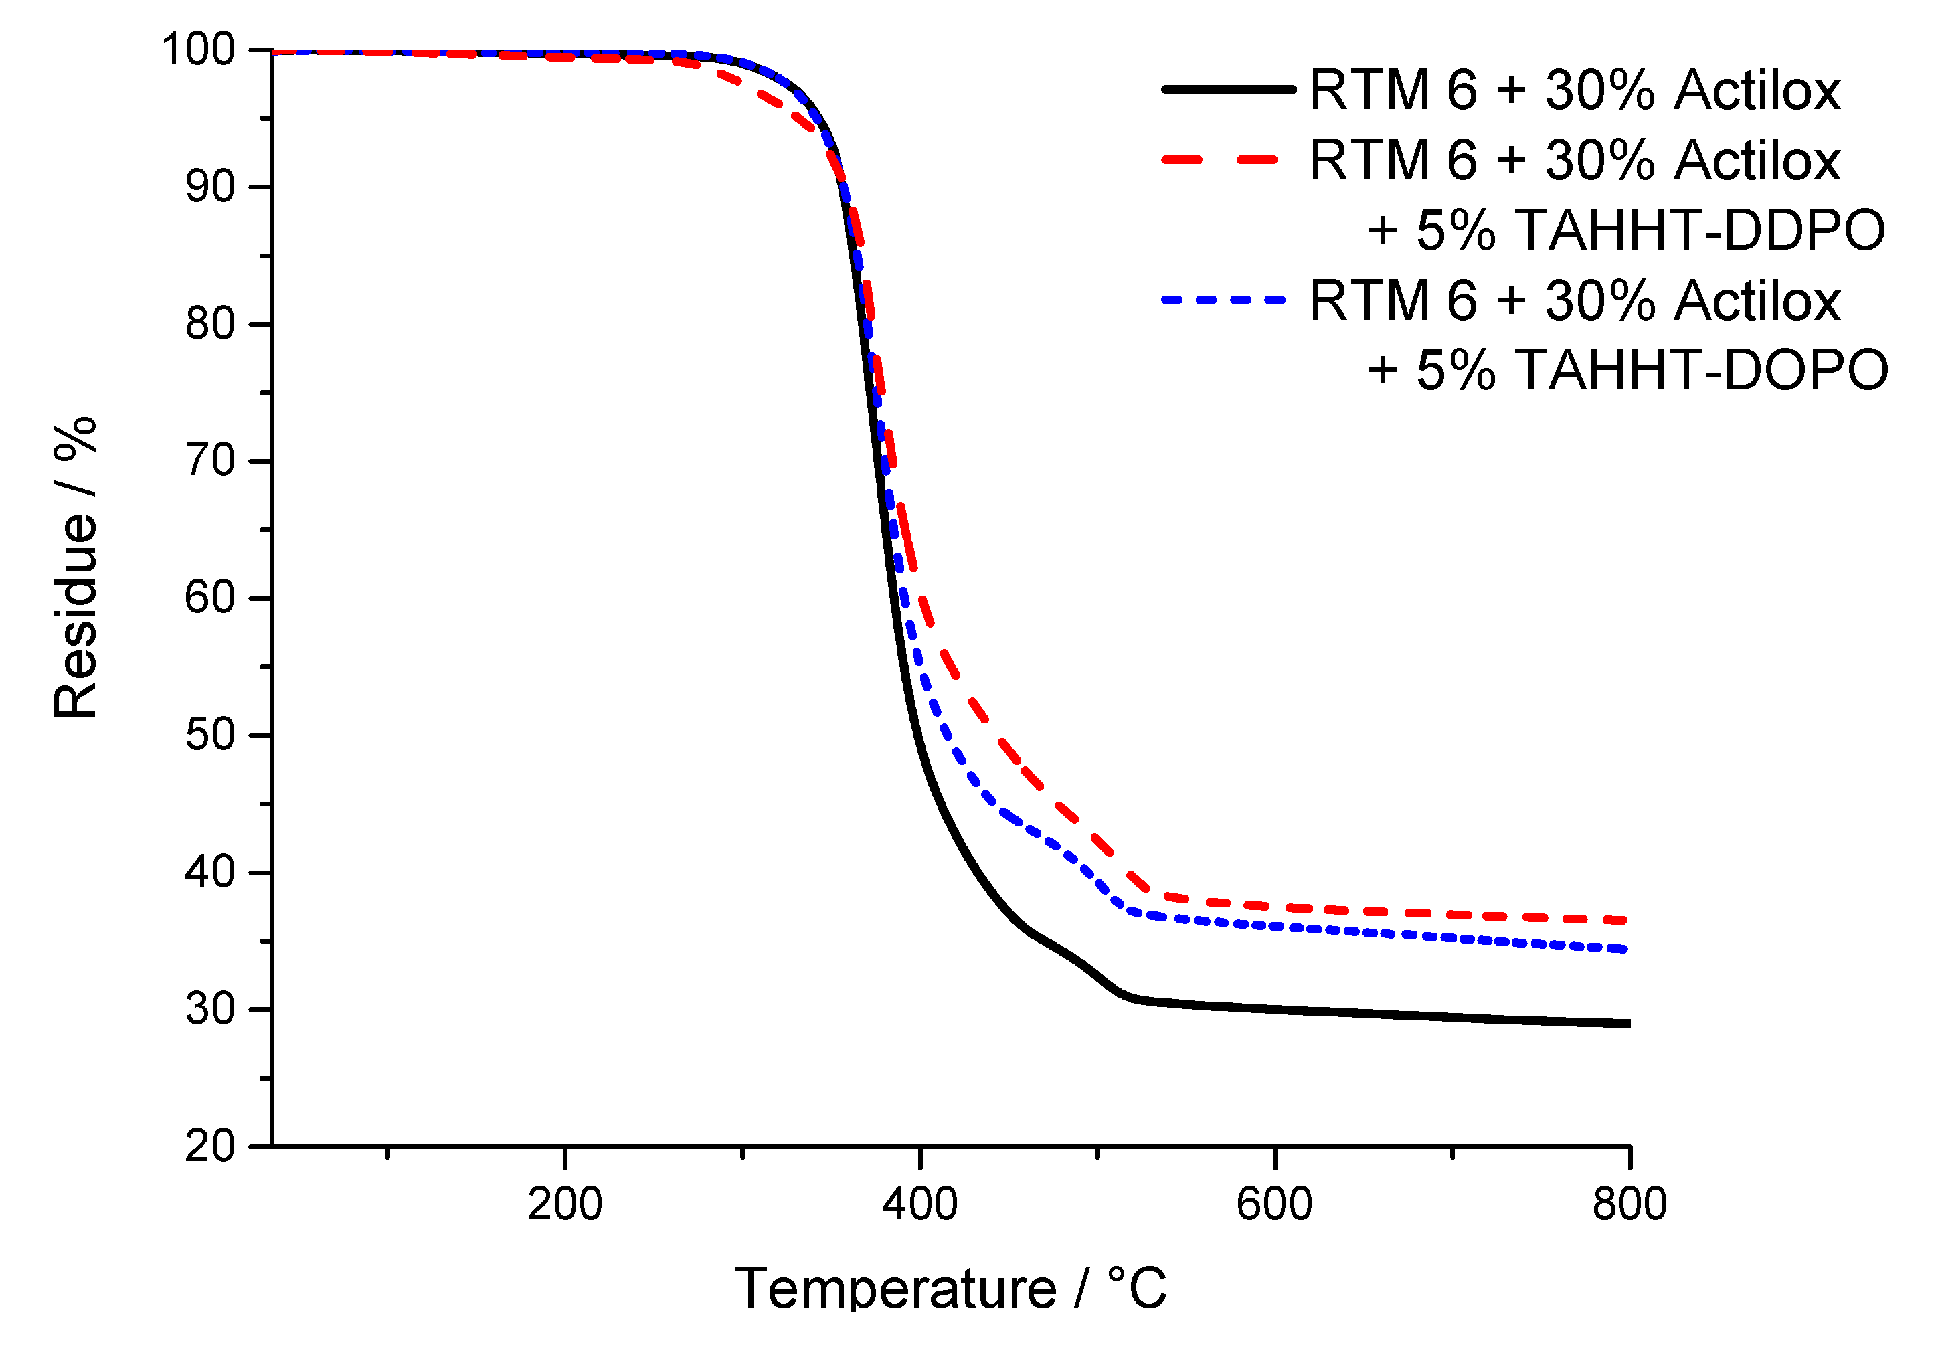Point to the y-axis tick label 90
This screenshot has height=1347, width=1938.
210,187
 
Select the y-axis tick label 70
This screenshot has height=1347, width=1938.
210,461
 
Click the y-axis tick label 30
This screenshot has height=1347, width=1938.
210,1009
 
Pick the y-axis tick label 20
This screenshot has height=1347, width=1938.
210,1146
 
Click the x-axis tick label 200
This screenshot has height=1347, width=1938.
565,1204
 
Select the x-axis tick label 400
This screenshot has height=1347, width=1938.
920,1204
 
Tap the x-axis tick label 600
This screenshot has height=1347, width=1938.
1275,1204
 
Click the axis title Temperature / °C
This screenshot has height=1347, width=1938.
950,1289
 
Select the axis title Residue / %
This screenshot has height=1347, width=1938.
76,567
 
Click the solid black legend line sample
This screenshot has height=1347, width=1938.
1228,88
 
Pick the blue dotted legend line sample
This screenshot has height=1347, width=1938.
1223,300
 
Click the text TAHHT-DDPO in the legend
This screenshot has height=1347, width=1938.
1699,230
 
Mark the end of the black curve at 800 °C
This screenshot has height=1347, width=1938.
1628,1023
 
